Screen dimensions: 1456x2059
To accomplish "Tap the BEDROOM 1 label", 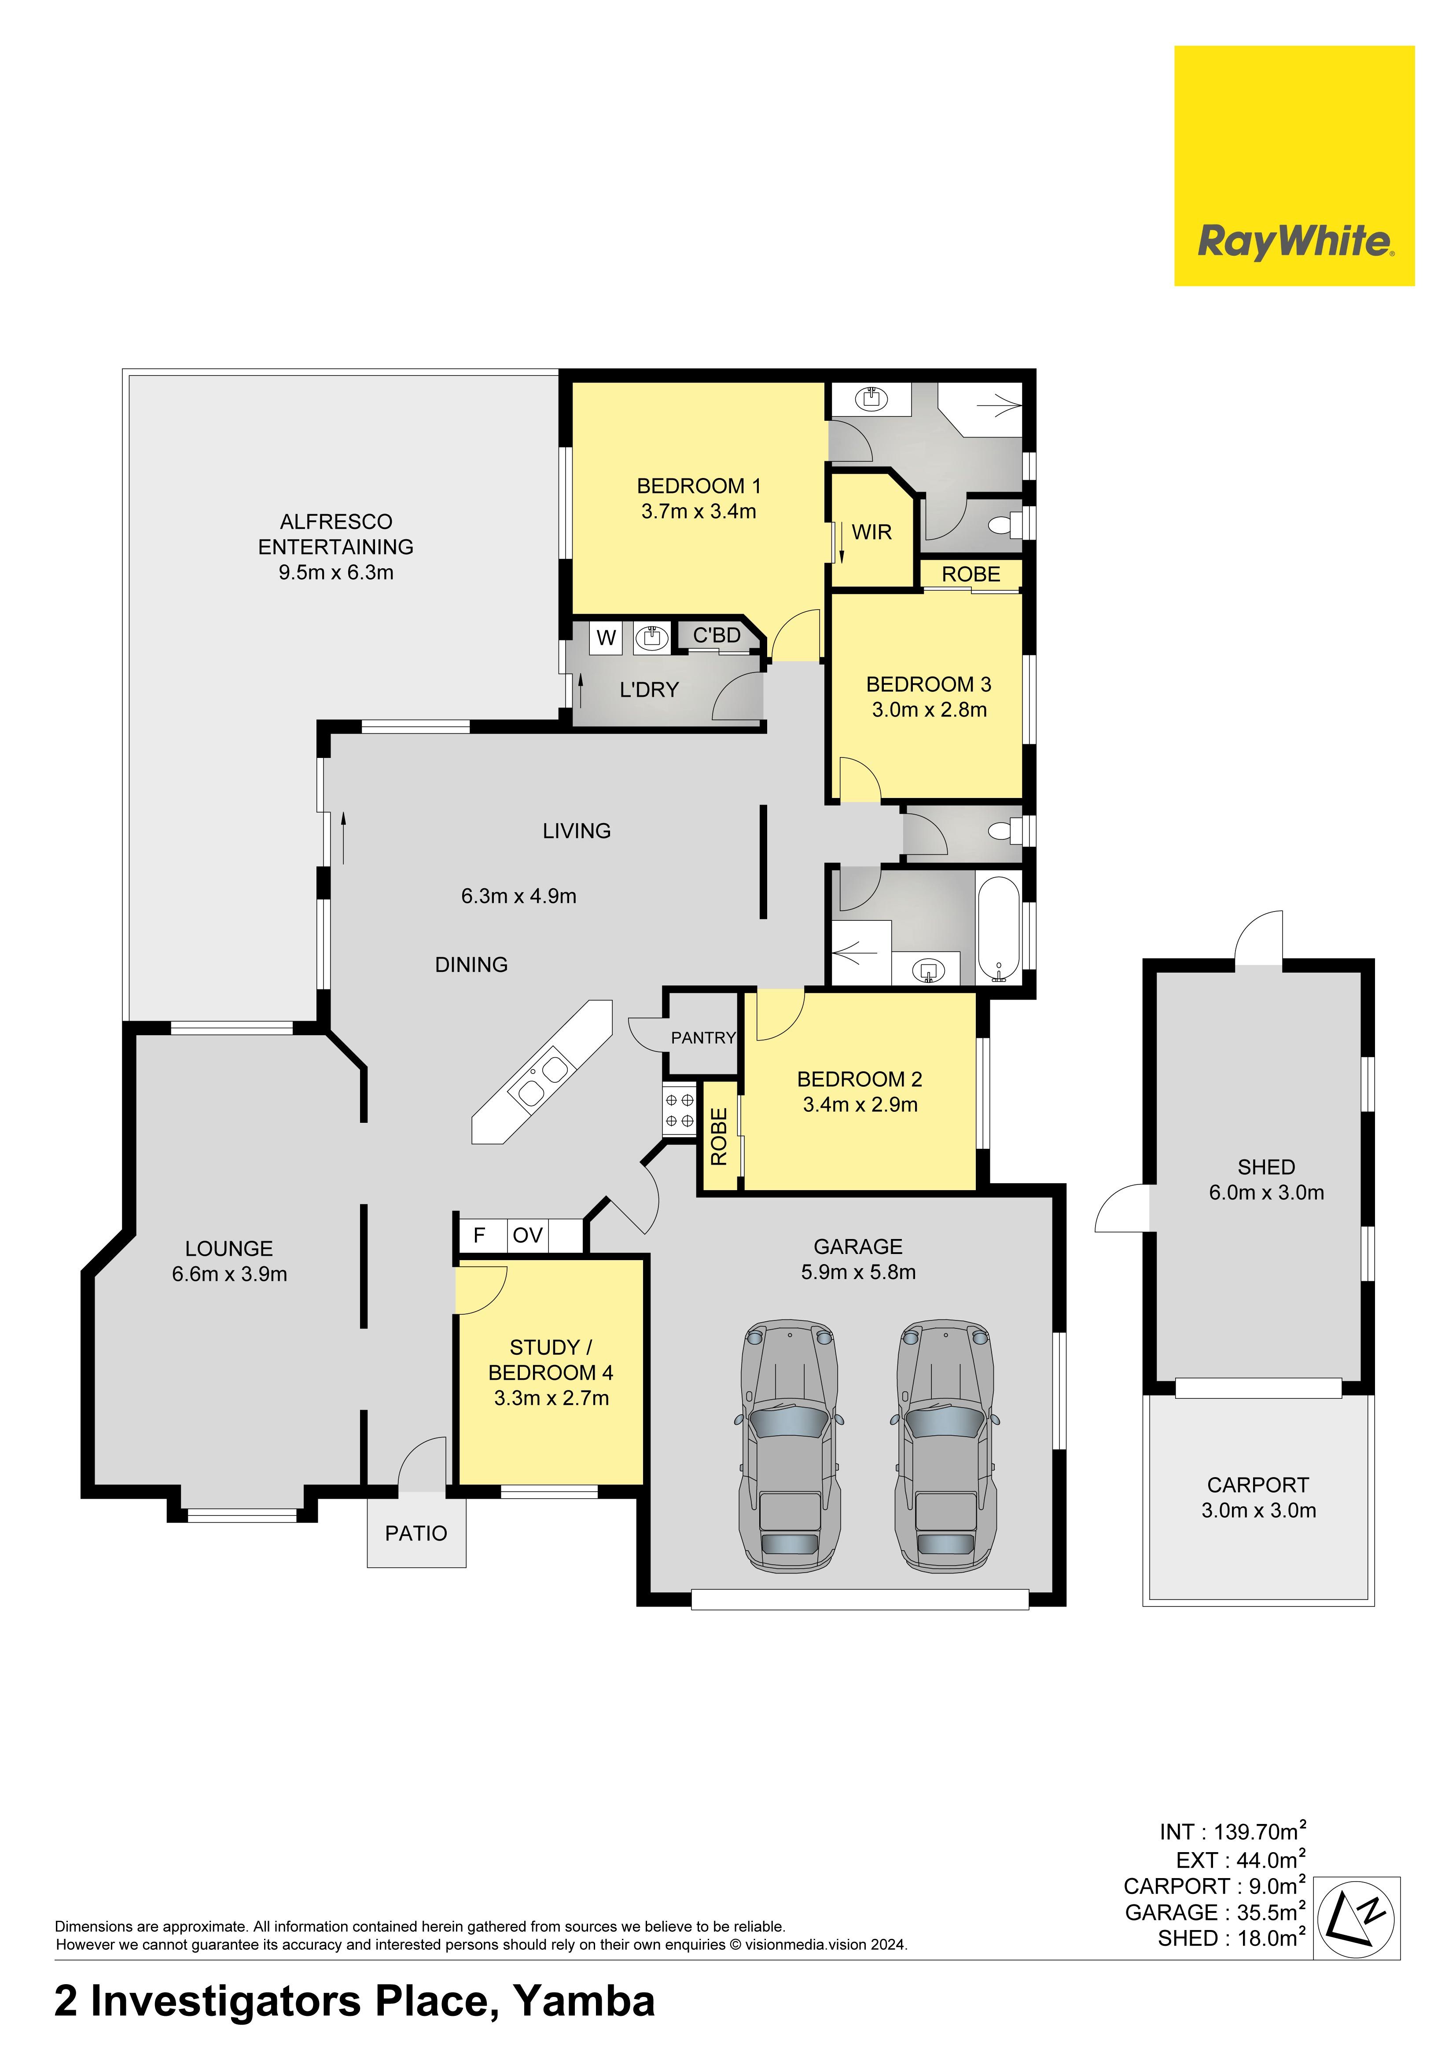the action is (x=699, y=486).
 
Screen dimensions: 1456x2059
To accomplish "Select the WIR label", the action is (x=871, y=533).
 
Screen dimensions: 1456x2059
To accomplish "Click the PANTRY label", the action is (x=703, y=1037).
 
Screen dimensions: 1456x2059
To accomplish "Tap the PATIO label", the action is (x=416, y=1533).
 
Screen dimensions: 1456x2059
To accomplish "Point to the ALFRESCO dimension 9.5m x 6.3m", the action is (x=336, y=572).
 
